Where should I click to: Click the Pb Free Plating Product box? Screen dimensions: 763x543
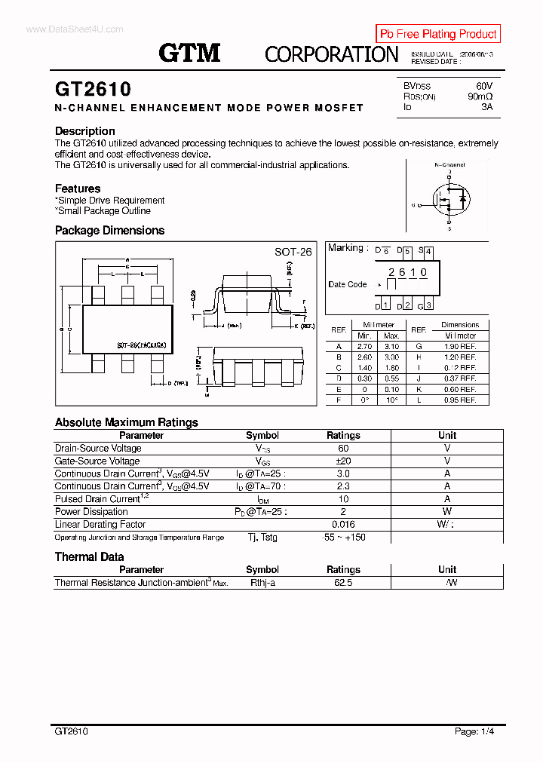(x=437, y=34)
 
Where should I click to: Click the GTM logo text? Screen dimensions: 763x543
(x=189, y=53)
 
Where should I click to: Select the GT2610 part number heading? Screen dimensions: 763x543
(x=93, y=90)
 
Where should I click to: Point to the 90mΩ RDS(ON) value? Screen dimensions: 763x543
(x=480, y=97)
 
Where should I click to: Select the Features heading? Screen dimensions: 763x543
(x=78, y=188)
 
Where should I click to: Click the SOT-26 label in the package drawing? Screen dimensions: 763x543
(x=293, y=252)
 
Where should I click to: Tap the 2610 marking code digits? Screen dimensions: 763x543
(x=407, y=272)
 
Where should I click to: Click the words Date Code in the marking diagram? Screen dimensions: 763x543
(x=347, y=284)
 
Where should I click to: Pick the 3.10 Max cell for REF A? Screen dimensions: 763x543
(x=391, y=346)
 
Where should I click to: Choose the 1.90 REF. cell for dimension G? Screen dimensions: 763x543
(x=460, y=346)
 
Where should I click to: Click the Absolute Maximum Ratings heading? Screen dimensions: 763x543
(x=127, y=422)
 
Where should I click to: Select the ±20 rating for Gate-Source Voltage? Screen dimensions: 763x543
(x=343, y=461)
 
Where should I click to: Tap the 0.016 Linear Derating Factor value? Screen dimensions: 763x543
(x=343, y=524)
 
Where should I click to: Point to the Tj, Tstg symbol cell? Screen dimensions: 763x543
(x=262, y=537)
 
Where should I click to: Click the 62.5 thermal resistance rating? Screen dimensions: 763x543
(x=343, y=582)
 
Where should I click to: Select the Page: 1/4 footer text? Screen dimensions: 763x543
(x=474, y=731)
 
